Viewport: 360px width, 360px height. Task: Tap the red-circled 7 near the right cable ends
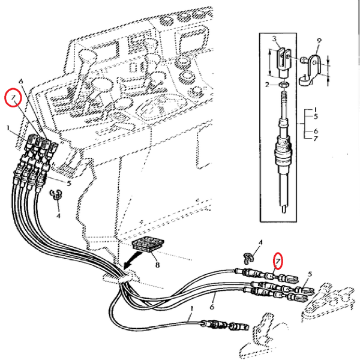click(278, 260)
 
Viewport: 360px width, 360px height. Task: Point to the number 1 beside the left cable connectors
click(8, 128)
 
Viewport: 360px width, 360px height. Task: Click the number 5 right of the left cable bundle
click(69, 184)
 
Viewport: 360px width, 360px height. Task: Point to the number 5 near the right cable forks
click(310, 275)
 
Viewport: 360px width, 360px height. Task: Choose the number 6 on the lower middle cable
click(212, 306)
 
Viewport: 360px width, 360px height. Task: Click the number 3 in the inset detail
click(274, 40)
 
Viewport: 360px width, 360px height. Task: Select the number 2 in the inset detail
click(268, 85)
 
